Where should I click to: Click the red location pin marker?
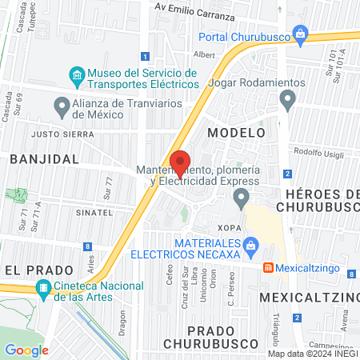(x=181, y=163)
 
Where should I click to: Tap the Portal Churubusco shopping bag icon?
(x=300, y=34)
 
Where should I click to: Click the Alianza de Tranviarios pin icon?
(x=62, y=106)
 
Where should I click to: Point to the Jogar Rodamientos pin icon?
(x=288, y=100)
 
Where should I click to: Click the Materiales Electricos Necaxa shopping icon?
(x=251, y=246)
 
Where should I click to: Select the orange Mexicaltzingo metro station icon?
(x=269, y=267)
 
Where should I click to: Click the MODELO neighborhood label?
(x=236, y=132)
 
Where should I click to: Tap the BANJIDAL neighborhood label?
(x=45, y=159)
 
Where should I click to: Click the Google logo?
(x=26, y=350)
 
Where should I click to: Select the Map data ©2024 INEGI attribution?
(x=313, y=354)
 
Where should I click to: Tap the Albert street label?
(x=205, y=55)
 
